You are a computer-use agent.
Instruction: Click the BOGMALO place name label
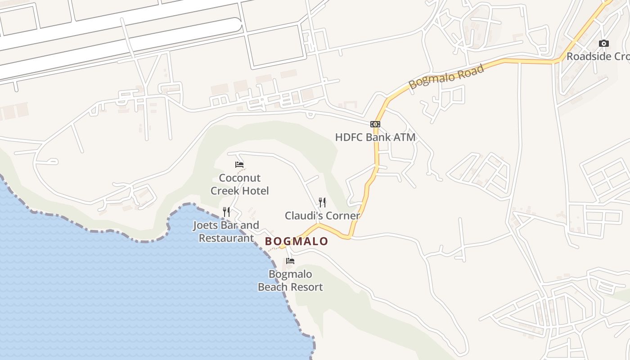click(x=297, y=241)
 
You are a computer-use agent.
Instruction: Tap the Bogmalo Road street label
click(x=446, y=76)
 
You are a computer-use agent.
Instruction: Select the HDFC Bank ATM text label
click(x=375, y=137)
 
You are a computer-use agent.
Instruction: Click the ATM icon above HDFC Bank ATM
click(x=375, y=124)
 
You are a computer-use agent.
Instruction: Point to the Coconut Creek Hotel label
click(x=240, y=184)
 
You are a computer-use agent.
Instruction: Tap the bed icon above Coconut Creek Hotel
click(x=239, y=165)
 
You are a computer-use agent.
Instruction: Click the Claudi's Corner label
click(x=322, y=216)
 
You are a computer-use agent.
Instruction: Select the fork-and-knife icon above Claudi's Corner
click(x=322, y=202)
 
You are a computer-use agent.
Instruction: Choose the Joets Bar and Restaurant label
click(x=226, y=231)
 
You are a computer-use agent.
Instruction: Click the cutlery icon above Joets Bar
click(x=226, y=211)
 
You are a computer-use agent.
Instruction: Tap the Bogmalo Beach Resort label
click(x=290, y=280)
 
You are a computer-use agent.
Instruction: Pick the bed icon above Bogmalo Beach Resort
click(x=290, y=261)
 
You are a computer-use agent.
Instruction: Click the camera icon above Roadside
click(x=604, y=44)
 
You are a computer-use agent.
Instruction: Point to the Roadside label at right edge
click(x=598, y=57)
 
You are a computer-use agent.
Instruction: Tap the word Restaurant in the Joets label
click(x=226, y=238)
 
